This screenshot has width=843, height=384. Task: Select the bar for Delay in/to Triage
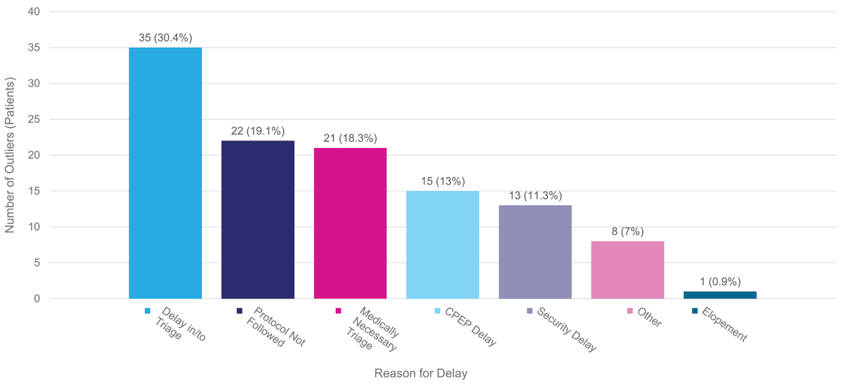pos(165,173)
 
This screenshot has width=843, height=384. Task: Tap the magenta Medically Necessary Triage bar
pos(350,223)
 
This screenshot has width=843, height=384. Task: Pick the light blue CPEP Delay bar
pos(443,245)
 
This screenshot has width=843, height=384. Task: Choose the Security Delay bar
pos(535,252)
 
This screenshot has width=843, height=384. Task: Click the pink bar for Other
pos(627,270)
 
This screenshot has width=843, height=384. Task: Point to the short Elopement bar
pos(720,295)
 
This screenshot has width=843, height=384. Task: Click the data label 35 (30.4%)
pos(165,38)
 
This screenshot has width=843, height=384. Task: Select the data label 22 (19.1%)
pos(258,131)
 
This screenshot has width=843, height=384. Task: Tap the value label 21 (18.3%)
pos(350,138)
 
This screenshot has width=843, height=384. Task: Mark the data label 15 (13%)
pos(443,181)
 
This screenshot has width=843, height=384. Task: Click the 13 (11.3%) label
pos(535,196)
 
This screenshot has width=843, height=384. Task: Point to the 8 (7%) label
pos(627,232)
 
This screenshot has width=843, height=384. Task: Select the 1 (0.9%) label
pos(720,282)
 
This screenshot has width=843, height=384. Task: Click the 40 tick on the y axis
pos(34,12)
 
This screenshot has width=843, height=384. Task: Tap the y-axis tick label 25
pos(34,120)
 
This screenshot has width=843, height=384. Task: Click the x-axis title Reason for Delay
pos(421,373)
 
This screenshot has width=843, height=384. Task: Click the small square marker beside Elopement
pos(695,310)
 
